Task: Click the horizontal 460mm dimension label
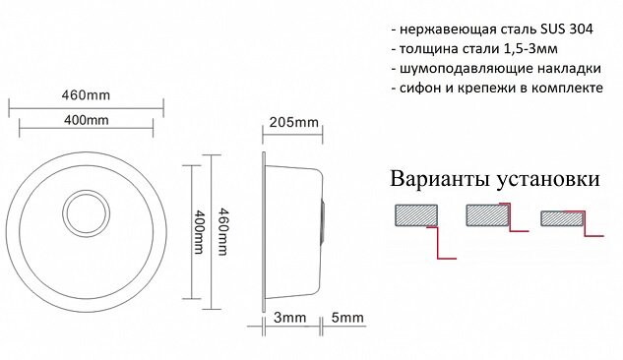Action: (x=85, y=95)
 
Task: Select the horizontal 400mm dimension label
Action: (x=85, y=120)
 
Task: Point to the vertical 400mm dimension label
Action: (x=200, y=233)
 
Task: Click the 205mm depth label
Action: (x=292, y=122)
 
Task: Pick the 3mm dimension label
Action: (x=288, y=318)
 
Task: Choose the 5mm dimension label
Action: (x=347, y=318)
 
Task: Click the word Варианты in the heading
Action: (x=432, y=180)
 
